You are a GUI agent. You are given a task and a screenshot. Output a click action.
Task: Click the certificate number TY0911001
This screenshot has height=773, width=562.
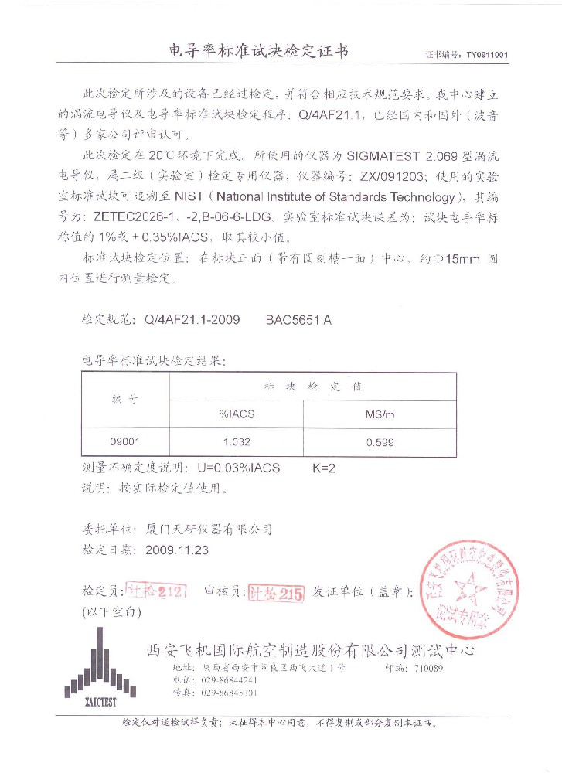click(x=486, y=56)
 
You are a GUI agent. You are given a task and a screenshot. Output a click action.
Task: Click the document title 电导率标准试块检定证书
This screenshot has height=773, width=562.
click(x=259, y=52)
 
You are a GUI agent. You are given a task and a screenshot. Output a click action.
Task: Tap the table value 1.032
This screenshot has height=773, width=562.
click(x=237, y=442)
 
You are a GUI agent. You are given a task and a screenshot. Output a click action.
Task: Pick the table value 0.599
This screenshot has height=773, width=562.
click(x=380, y=442)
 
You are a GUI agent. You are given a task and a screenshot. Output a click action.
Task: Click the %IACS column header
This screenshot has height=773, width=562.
click(x=237, y=414)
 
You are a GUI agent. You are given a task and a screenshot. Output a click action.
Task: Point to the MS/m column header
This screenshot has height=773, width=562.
click(x=380, y=414)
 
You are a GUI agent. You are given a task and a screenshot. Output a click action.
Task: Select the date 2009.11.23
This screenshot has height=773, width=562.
click(x=177, y=550)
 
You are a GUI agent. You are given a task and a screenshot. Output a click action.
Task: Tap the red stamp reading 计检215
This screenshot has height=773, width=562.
click(x=275, y=593)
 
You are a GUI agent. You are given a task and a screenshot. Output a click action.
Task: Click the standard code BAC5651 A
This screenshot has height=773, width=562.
click(x=298, y=319)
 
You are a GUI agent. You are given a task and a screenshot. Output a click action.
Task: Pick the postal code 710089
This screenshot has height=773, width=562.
click(x=429, y=667)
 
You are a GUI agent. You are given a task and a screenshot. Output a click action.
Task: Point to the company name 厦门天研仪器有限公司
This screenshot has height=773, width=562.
click(x=209, y=530)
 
